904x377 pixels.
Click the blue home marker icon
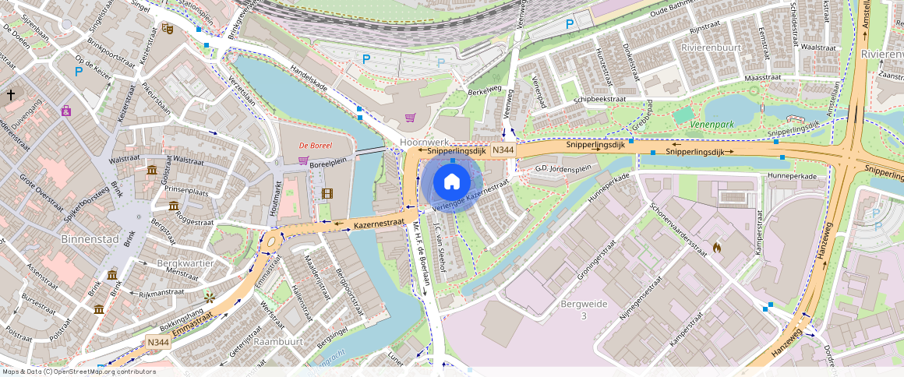(451, 182)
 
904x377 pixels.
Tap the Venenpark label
(712, 124)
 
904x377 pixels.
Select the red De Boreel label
(316, 146)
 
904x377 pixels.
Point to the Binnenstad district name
(88, 239)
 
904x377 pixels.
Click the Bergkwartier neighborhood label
(185, 263)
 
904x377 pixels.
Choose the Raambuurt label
(278, 342)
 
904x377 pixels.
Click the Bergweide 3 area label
(583, 308)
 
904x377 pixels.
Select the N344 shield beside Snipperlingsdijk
(503, 150)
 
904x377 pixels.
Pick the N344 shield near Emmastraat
(158, 342)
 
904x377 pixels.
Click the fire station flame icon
(716, 248)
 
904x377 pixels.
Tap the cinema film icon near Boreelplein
(327, 193)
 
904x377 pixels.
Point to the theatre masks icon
(168, 29)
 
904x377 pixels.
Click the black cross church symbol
(11, 95)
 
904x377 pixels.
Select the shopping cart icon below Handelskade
(410, 118)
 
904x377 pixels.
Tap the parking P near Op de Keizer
(79, 71)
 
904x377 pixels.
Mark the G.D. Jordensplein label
(563, 168)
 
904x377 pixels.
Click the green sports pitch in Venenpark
(683, 115)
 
